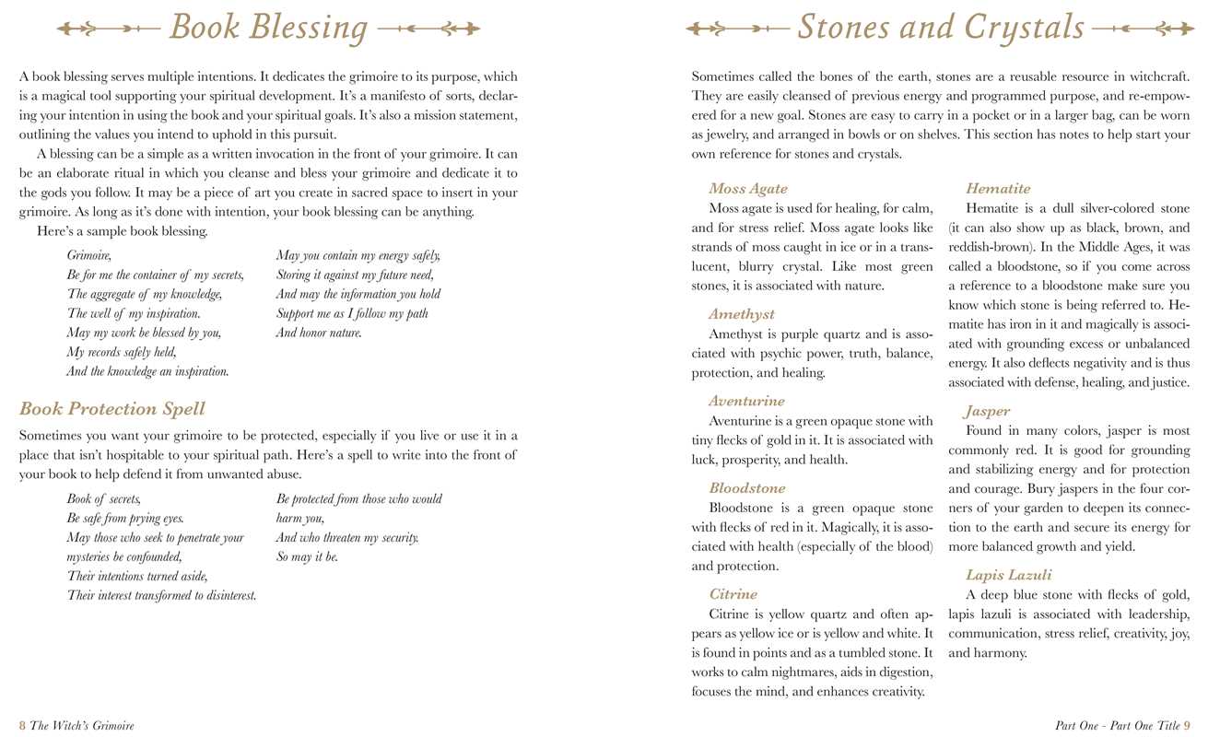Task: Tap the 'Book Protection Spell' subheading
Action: click(112, 409)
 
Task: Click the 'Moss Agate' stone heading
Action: click(748, 189)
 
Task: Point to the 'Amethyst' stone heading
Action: click(742, 314)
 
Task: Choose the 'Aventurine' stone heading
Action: click(746, 401)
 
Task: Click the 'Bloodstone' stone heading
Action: click(747, 488)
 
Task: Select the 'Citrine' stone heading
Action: click(733, 594)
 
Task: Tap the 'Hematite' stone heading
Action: click(998, 189)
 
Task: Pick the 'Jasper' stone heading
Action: click(988, 411)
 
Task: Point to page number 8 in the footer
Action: click(22, 726)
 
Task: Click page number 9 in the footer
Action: click(1187, 726)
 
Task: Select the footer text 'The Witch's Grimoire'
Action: click(82, 726)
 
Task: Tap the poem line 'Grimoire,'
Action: click(88, 255)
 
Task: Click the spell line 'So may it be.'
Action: click(307, 557)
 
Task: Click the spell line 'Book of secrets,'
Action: click(103, 499)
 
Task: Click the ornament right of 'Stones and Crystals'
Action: click(1143, 29)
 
